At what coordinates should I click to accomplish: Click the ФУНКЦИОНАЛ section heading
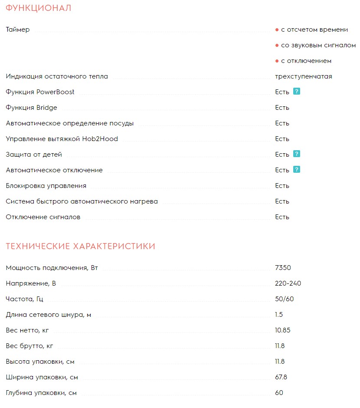point(39,8)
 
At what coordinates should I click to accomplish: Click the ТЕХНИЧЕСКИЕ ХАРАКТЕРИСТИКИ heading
point(80,247)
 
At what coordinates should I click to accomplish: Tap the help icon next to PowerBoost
point(297,92)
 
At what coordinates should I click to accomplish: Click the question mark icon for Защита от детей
point(297,154)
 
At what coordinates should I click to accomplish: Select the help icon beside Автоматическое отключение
point(297,170)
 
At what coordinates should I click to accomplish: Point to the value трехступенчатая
point(303,76)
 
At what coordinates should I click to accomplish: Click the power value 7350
point(282,268)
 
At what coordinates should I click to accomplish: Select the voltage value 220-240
point(288,283)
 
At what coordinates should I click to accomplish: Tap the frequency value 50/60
point(285,299)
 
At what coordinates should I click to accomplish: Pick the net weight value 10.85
point(283,330)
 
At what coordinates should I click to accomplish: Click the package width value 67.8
point(281,377)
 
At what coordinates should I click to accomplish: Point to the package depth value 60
point(279,393)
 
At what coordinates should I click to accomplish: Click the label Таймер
point(18,30)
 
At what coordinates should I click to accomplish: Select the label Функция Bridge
point(31,108)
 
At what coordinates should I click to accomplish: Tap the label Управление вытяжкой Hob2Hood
point(62,139)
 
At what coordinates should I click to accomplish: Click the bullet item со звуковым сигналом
point(318,45)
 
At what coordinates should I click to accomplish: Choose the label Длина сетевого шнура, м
point(48,315)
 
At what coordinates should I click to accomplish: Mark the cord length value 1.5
point(279,315)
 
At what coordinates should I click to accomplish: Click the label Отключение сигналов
point(43,217)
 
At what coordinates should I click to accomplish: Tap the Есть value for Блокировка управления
point(282,186)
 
